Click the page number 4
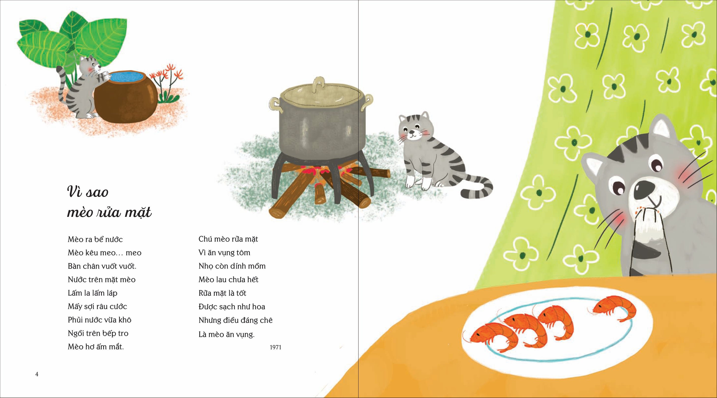(x=37, y=374)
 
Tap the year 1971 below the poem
(x=276, y=347)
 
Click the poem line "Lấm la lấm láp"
(x=93, y=293)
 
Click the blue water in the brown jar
(x=126, y=77)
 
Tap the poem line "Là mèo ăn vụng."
(x=227, y=334)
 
